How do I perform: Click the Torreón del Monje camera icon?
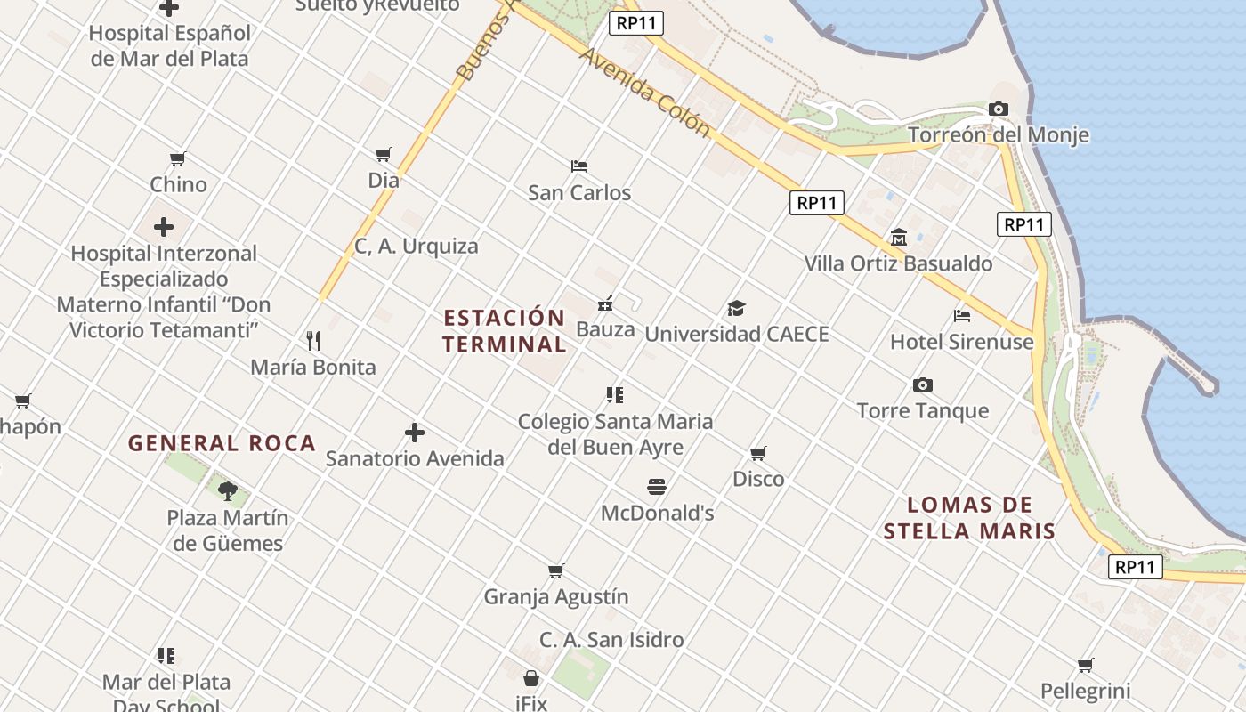[999, 109]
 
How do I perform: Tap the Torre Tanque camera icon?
[923, 384]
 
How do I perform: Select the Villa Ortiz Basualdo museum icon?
[898, 238]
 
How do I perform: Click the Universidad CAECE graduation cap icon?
[736, 309]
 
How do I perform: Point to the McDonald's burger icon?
[657, 487]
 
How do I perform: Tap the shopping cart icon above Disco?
[758, 453]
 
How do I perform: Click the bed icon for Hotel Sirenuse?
[962, 315]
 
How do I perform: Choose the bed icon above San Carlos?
[579, 166]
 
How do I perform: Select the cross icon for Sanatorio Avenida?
[415, 433]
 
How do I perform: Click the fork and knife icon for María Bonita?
[313, 341]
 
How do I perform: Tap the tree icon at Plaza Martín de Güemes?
[228, 490]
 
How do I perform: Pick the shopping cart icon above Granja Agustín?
[556, 570]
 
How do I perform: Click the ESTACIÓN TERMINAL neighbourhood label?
[505, 331]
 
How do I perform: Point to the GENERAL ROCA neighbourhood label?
[222, 443]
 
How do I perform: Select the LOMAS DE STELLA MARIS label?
[969, 518]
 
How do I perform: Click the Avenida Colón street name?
[645, 93]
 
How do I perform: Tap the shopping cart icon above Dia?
[384, 155]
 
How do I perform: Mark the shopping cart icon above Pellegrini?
[1086, 665]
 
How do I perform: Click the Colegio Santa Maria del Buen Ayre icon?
[615, 394]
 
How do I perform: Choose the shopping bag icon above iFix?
[531, 678]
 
